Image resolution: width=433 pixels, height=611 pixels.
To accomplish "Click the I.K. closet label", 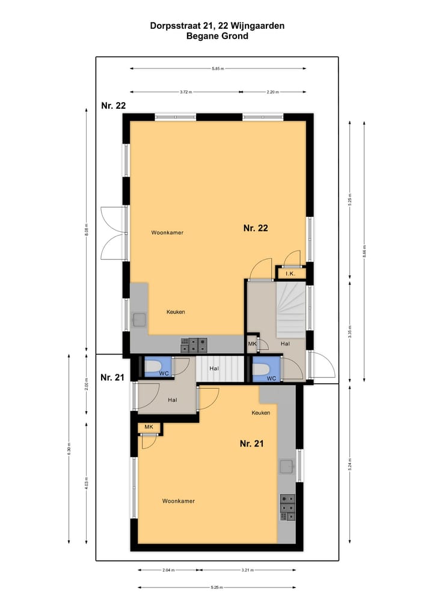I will click(x=290, y=274).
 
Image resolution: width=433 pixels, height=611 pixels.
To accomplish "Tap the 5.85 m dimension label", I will click(x=218, y=69).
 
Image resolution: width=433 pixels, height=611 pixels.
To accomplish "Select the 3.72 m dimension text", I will click(x=185, y=92).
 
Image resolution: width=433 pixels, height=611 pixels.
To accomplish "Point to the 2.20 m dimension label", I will click(x=274, y=92).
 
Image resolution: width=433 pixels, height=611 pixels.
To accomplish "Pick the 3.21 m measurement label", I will click(x=248, y=570).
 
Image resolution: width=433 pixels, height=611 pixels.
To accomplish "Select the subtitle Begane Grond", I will click(x=217, y=36).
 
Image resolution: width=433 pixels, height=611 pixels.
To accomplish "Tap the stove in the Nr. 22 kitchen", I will click(x=194, y=345).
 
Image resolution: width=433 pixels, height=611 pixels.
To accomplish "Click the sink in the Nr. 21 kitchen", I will click(x=287, y=466).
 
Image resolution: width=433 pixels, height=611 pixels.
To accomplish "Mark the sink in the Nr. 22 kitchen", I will click(x=140, y=320).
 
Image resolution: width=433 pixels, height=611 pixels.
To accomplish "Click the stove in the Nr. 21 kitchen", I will click(x=287, y=508).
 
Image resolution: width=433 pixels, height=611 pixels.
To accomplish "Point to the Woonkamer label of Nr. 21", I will click(x=178, y=500).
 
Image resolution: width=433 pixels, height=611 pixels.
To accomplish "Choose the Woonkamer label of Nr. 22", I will click(x=167, y=233).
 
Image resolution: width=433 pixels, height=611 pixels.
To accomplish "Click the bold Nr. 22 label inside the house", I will click(x=256, y=228).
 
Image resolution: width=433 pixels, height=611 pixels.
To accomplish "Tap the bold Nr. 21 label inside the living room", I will click(x=252, y=444).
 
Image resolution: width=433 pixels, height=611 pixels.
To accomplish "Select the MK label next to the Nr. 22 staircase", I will click(x=252, y=344).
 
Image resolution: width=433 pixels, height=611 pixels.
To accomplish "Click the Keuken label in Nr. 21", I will click(x=260, y=413).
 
